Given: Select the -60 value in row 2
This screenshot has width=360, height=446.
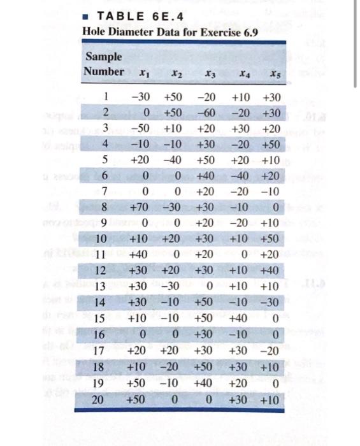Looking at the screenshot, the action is point(205,113).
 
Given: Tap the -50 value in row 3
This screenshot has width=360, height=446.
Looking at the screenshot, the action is point(140,129).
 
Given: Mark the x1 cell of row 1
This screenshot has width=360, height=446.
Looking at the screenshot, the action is point(140,98).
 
